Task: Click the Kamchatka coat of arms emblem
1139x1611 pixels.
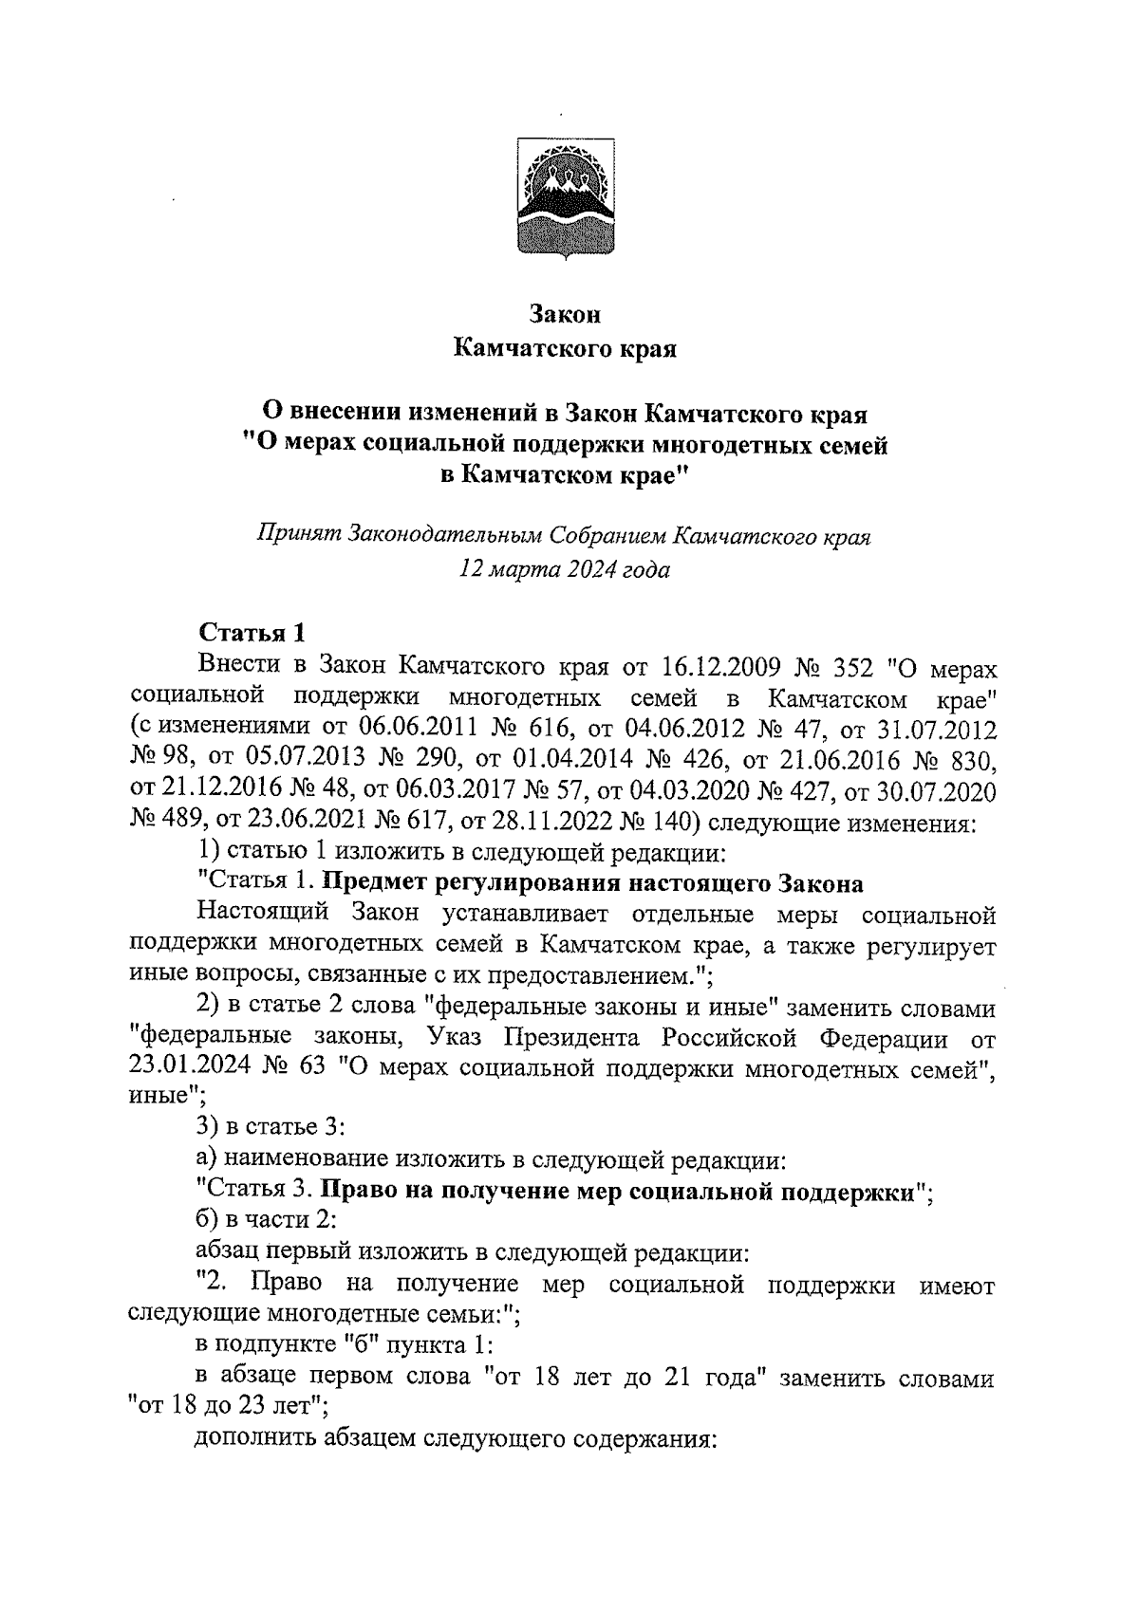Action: pos(566,196)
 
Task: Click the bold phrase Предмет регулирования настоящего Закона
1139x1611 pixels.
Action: pos(593,884)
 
